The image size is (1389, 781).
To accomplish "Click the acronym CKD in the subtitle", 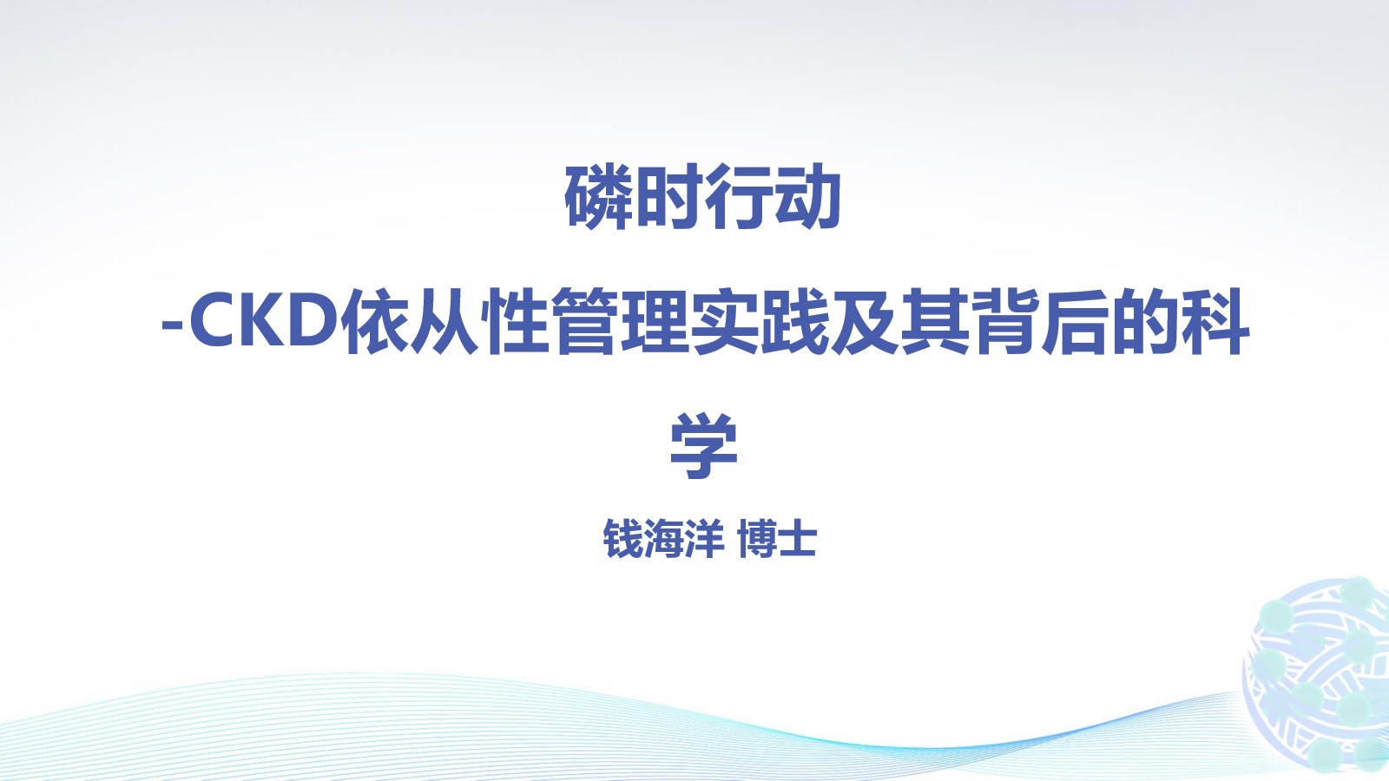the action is [x=266, y=323].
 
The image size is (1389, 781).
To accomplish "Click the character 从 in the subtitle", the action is [x=445, y=322].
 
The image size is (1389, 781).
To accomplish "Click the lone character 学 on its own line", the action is [x=703, y=446].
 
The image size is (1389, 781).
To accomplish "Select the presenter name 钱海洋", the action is [x=663, y=539].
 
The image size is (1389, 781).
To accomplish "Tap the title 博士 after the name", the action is [x=777, y=539].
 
